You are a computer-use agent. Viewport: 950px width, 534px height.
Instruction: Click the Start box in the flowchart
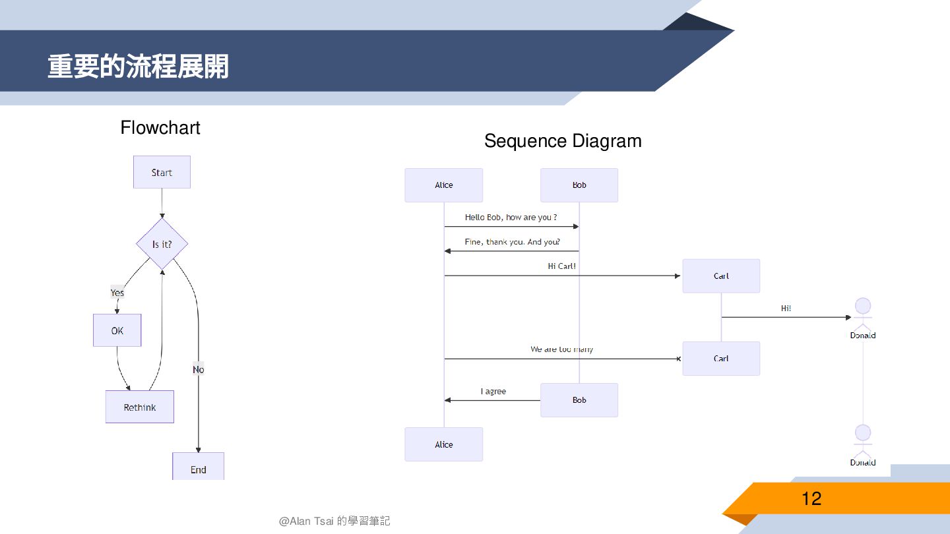click(x=162, y=172)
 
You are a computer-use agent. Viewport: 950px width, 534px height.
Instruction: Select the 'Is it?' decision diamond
click(x=162, y=244)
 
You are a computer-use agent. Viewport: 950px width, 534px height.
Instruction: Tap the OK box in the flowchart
click(x=117, y=330)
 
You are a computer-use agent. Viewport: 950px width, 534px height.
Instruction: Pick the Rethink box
click(x=140, y=407)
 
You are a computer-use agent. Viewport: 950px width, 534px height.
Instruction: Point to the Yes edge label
click(x=117, y=293)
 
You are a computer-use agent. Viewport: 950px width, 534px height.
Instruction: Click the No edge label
click(x=199, y=369)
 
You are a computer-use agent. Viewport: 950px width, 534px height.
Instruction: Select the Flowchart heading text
click(x=160, y=127)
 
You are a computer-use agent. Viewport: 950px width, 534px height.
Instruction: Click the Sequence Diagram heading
click(x=563, y=140)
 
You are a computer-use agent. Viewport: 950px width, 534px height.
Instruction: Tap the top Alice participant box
click(x=444, y=185)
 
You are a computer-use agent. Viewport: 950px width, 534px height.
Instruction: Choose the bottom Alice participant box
click(x=444, y=444)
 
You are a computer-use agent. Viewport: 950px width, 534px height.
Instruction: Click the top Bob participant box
click(x=579, y=185)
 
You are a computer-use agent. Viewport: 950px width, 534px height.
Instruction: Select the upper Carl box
click(x=721, y=276)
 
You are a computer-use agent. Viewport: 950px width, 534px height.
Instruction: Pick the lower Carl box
click(x=721, y=359)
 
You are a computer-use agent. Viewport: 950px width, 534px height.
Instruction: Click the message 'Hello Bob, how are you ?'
click(x=511, y=218)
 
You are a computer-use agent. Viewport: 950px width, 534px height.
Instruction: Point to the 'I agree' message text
click(x=493, y=392)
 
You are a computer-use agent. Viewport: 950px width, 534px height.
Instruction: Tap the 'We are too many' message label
click(x=561, y=349)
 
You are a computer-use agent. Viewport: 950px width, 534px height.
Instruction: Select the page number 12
click(x=811, y=498)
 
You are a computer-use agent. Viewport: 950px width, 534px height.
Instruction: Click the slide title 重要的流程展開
click(x=138, y=67)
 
